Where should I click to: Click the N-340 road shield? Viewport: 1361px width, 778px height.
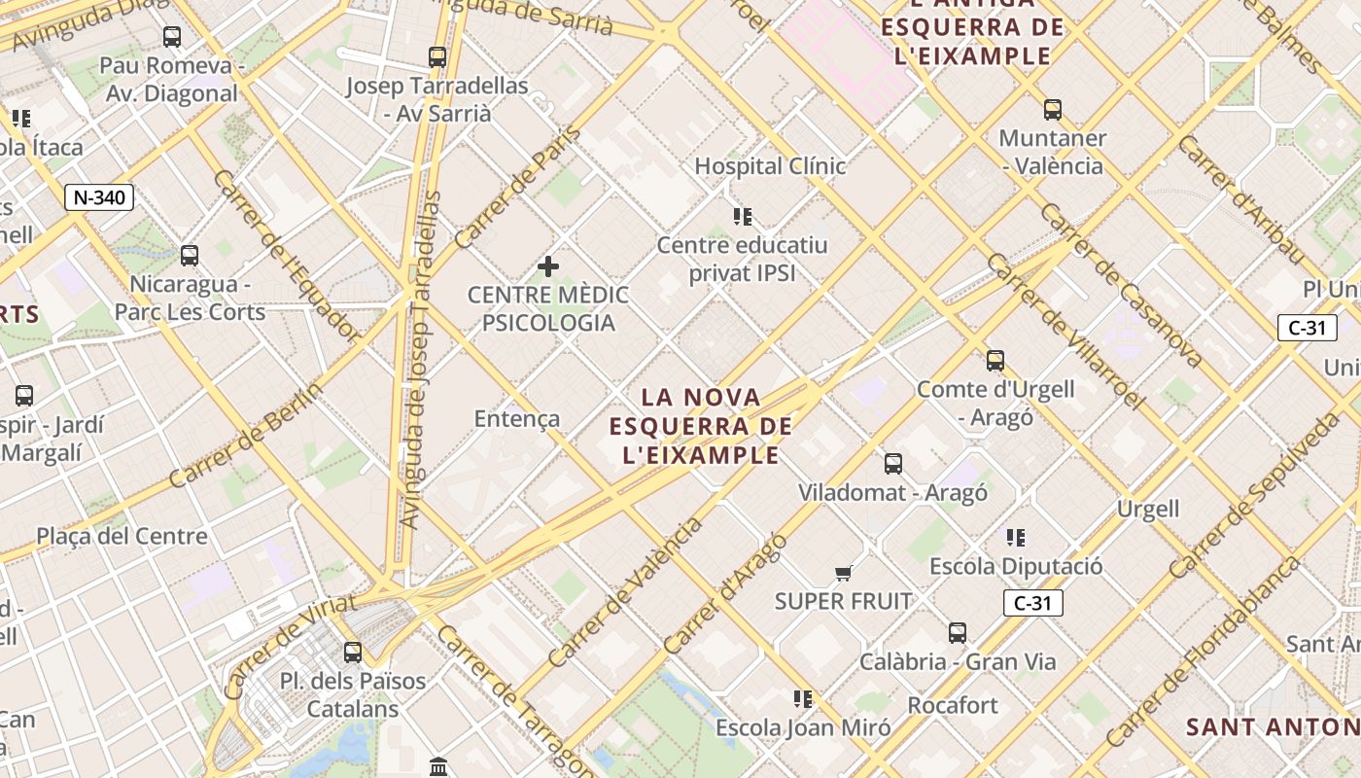tap(99, 197)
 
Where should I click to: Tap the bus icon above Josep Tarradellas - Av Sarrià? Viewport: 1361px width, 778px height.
tap(437, 57)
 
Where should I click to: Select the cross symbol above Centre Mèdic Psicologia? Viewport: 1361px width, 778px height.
tap(548, 265)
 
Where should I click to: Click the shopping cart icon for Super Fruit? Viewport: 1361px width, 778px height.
tap(843, 574)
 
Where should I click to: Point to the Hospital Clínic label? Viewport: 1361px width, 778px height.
tap(770, 166)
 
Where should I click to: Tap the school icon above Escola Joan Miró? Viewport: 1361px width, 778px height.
tap(803, 698)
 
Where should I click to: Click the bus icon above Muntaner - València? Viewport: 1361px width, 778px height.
tap(1053, 110)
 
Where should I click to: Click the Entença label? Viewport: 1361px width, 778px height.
tap(517, 418)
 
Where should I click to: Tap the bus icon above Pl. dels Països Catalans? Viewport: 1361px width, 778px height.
tap(353, 652)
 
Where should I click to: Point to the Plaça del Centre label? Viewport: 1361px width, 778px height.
tap(122, 536)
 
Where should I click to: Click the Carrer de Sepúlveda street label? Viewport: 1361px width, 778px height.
tap(1254, 496)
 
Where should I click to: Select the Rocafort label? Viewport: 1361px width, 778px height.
tap(953, 705)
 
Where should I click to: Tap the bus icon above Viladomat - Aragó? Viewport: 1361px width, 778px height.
tap(893, 464)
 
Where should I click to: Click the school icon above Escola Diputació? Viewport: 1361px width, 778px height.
tap(1016, 538)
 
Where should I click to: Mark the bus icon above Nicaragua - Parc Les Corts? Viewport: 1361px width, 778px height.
tap(190, 256)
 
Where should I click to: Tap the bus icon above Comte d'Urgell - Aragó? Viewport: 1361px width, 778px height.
tap(995, 361)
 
